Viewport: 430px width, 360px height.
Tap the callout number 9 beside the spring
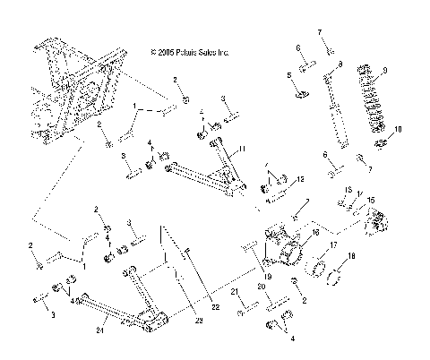tap(384, 70)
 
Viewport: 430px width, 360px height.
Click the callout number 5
tap(288, 75)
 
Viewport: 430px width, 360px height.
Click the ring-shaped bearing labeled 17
tap(323, 266)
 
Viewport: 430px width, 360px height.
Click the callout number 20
tap(261, 287)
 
